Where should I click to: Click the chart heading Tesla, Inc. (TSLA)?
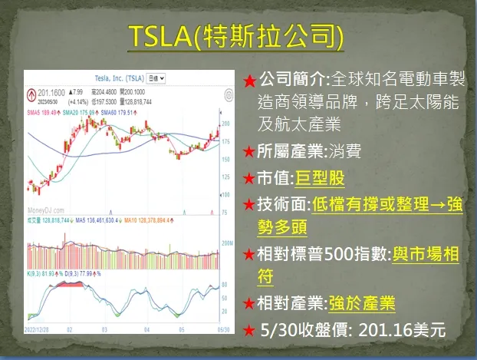[115, 78]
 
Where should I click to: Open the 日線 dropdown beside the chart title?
[156, 78]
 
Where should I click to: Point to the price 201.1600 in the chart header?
[51, 92]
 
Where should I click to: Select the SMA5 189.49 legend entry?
[42, 112]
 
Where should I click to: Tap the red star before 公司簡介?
[250, 80]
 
